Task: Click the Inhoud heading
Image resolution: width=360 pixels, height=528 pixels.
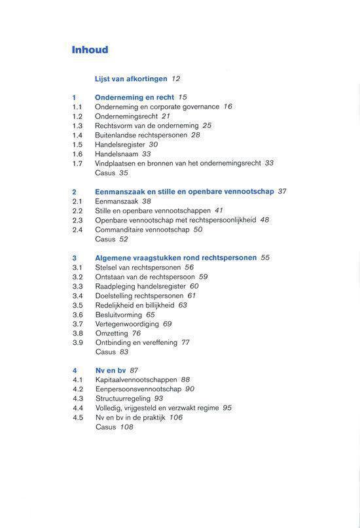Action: click(90, 50)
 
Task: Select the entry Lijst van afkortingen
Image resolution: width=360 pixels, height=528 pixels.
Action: click(131, 79)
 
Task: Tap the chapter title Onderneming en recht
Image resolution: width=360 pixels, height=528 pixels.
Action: click(134, 97)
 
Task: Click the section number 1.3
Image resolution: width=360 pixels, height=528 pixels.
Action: click(77, 126)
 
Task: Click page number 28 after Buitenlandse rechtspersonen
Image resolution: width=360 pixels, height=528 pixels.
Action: click(196, 135)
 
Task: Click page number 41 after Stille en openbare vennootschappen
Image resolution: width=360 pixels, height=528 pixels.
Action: click(219, 211)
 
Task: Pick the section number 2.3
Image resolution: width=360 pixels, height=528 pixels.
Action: click(77, 220)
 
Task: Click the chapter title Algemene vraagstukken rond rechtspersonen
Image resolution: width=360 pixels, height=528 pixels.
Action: click(175, 258)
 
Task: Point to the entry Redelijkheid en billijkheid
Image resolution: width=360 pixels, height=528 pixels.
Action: click(134, 305)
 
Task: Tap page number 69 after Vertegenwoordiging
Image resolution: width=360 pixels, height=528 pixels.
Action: click(168, 324)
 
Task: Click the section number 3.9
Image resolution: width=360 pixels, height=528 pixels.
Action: click(77, 342)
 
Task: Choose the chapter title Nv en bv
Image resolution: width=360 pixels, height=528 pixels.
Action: click(110, 370)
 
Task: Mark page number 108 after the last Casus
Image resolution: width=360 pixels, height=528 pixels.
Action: click(126, 427)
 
